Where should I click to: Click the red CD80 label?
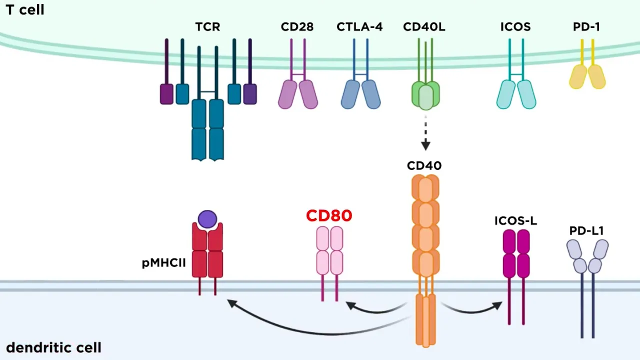pyautogui.click(x=329, y=215)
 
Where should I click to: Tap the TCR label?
pyautogui.click(x=207, y=27)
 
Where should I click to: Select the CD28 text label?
pyautogui.click(x=297, y=27)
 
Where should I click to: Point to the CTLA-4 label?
pyautogui.click(x=359, y=27)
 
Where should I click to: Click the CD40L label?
pyautogui.click(x=424, y=27)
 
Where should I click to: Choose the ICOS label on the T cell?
pyautogui.click(x=515, y=27)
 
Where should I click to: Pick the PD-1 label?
pyautogui.click(x=586, y=27)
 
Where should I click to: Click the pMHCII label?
pyautogui.click(x=164, y=263)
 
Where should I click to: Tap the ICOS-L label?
pyautogui.click(x=515, y=221)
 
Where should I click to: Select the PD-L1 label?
pyautogui.click(x=586, y=231)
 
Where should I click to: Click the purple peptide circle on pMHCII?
pyautogui.click(x=207, y=219)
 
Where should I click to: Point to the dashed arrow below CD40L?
pyautogui.click(x=425, y=132)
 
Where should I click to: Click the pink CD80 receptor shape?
pyautogui.click(x=330, y=250)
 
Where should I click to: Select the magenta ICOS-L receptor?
pyautogui.click(x=516, y=253)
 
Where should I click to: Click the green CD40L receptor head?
pyautogui.click(x=425, y=95)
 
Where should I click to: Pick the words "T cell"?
pyautogui.click(x=25, y=9)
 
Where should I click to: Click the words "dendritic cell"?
pyautogui.click(x=53, y=347)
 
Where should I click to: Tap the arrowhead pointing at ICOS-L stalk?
pyautogui.click(x=498, y=305)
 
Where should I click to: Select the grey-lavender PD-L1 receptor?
pyautogui.click(x=587, y=256)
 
